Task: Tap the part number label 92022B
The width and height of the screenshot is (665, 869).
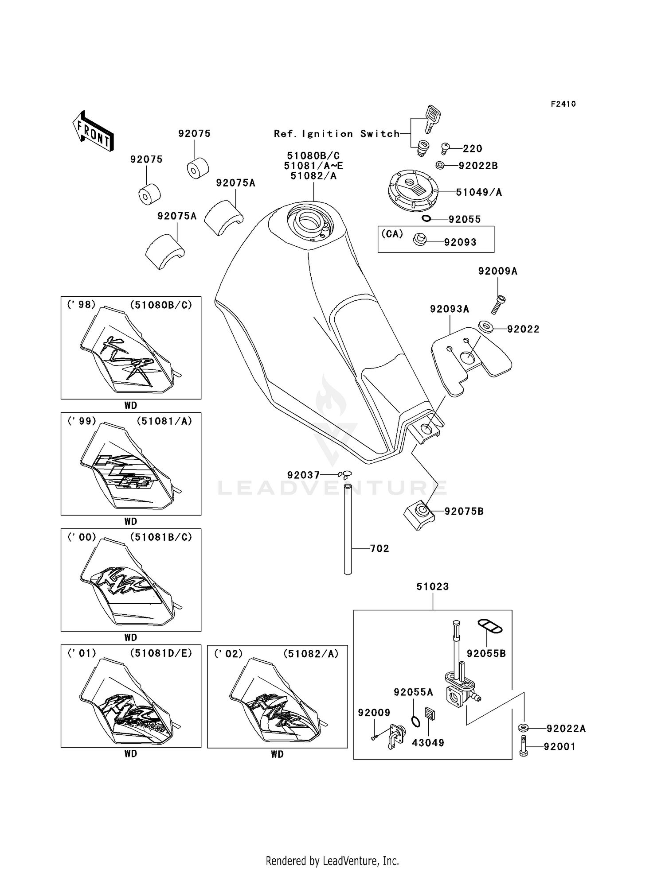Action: (478, 166)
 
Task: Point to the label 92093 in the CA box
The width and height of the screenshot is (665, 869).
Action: (460, 242)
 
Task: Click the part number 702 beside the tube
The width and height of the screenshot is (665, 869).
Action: (379, 548)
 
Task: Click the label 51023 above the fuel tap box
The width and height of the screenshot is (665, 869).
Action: (432, 586)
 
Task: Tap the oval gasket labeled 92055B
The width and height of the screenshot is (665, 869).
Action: (489, 627)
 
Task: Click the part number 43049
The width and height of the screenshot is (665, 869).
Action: (428, 743)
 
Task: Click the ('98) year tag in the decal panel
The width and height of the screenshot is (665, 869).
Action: (81, 305)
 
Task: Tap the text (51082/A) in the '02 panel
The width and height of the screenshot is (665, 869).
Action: (310, 654)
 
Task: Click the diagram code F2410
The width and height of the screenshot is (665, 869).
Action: (563, 104)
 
